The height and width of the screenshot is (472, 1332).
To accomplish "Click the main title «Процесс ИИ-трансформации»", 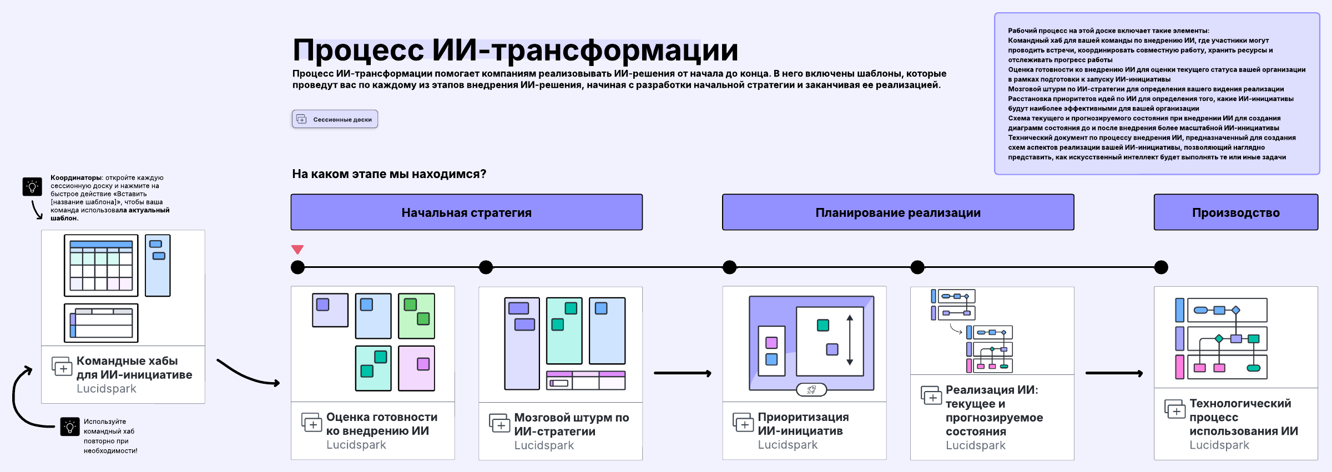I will click(515, 50).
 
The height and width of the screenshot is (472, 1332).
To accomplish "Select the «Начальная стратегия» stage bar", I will click(466, 212).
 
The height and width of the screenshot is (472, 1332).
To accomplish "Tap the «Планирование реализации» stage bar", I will click(897, 212).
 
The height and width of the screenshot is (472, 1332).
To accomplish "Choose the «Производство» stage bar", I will click(1235, 212).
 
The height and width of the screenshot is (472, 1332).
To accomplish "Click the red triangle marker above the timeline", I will click(297, 250).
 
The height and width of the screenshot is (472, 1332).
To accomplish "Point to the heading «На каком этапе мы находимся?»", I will click(389, 174).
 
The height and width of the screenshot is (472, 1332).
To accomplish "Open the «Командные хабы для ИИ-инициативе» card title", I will click(134, 368).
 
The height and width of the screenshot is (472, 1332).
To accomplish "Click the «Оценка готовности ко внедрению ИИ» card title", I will click(381, 424).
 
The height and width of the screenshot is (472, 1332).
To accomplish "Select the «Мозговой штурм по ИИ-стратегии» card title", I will click(571, 424).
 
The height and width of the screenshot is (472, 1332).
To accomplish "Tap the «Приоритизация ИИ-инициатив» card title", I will click(803, 424).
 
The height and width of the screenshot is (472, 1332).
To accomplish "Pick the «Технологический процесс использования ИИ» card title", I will click(1243, 417).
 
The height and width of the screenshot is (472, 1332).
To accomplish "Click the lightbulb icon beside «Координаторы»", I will click(32, 186).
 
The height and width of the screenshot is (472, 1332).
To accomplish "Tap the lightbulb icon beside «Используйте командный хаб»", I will click(70, 427).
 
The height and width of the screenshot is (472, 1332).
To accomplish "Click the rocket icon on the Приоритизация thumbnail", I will click(811, 390).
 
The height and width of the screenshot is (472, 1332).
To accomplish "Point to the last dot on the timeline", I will click(1161, 267).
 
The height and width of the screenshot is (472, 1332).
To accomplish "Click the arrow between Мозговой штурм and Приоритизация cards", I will click(682, 373).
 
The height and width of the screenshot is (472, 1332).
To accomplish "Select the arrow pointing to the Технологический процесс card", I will click(1113, 373).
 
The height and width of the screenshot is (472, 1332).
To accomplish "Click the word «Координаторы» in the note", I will click(76, 178).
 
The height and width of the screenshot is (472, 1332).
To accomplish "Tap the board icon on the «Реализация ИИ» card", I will click(931, 395).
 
